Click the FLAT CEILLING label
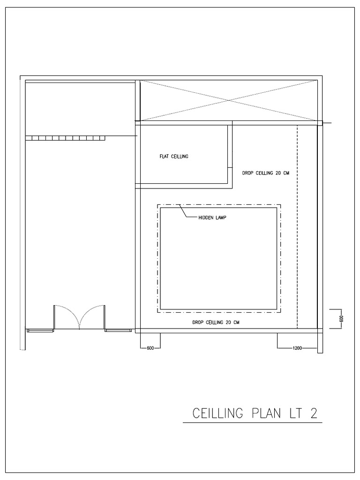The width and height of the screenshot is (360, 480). [x=173, y=157]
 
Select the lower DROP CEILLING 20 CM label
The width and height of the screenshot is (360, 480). [x=216, y=322]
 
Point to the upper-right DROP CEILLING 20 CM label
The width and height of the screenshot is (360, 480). [x=265, y=173]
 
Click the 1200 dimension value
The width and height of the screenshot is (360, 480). [x=297, y=348]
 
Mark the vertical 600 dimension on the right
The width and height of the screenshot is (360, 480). [x=342, y=318]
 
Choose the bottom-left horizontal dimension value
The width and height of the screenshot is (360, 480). [x=150, y=348]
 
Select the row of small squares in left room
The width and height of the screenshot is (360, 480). [x=65, y=138]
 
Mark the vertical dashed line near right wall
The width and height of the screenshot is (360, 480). [x=298, y=225]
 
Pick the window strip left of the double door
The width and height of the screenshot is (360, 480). [x=41, y=330]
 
